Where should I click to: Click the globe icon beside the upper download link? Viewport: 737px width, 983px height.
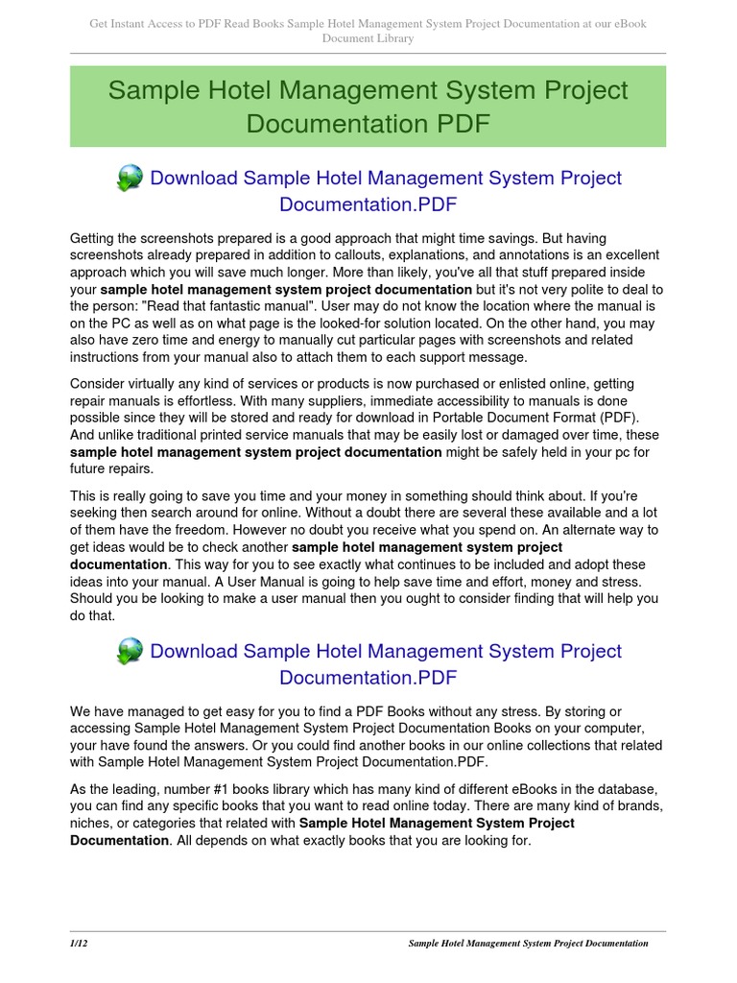pyautogui.click(x=130, y=179)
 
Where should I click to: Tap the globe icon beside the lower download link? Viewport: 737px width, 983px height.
pyautogui.click(x=130, y=652)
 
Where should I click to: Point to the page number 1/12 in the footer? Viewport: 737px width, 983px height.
pyautogui.click(x=79, y=944)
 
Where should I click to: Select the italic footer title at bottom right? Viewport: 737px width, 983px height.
pyautogui.click(x=528, y=944)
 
